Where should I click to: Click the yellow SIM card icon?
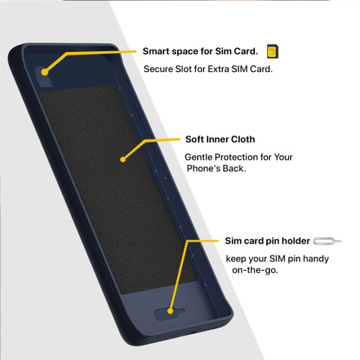pos(272,52)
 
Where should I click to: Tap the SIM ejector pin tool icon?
pos(327,241)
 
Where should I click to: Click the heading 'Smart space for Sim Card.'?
pos(200,51)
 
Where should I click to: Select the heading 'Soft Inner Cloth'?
pos(220,139)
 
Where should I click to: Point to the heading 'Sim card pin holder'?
pos(268,241)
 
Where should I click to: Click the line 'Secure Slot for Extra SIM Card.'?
pos(208,69)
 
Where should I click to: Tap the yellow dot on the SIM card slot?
pos(44,72)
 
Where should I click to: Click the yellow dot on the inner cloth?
pos(123,159)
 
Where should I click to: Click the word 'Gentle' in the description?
pos(199,157)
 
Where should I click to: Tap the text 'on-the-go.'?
pos(255,270)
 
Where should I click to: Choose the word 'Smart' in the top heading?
pos(156,51)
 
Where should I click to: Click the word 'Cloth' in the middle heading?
pos(243,139)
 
